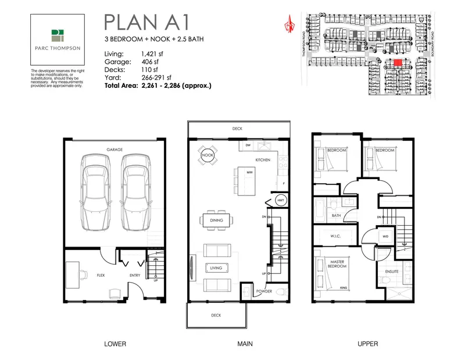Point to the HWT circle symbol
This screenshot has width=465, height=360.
click(x=281, y=201)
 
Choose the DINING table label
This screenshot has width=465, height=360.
click(x=215, y=220)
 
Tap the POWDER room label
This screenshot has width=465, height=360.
click(x=264, y=291)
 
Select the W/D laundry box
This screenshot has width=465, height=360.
click(x=385, y=236)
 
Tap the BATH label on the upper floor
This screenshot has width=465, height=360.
click(x=336, y=215)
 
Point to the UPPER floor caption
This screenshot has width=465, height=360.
click(x=367, y=343)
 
